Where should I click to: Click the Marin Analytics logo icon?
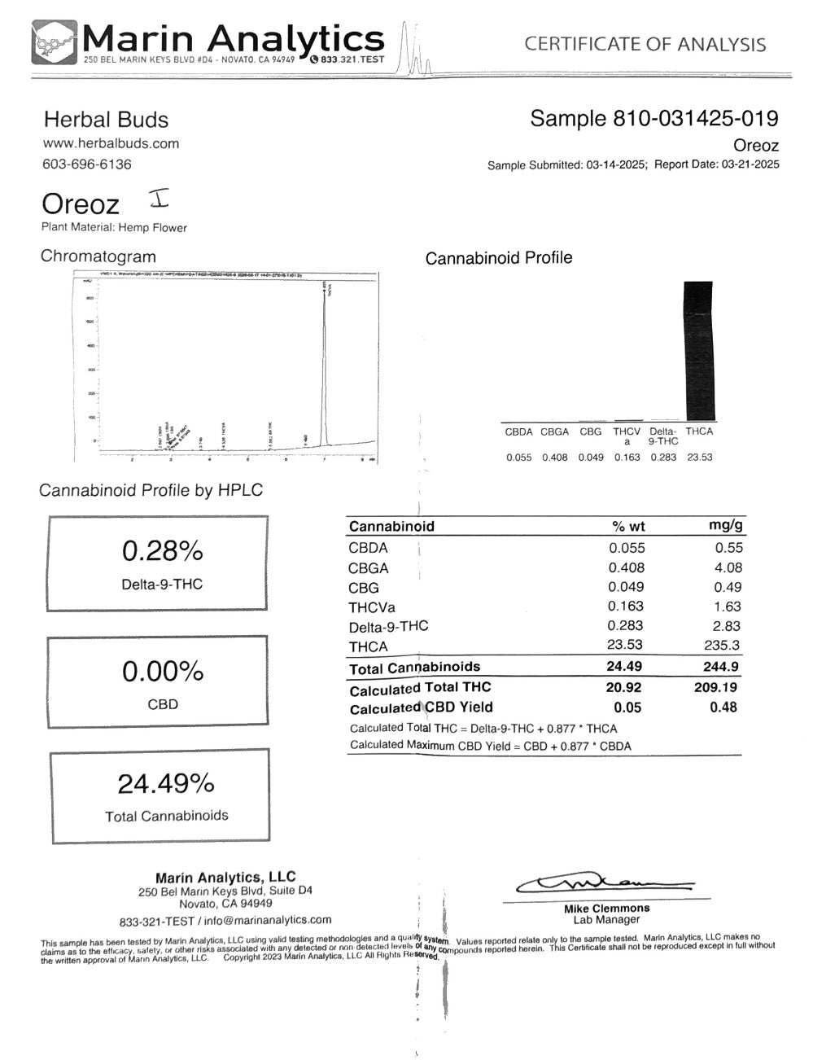55,42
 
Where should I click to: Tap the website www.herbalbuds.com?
111,143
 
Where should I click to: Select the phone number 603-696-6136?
86,164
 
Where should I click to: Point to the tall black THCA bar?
698,350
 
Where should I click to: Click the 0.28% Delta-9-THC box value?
162,552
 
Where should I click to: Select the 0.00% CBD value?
162,672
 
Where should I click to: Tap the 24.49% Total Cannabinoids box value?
166,784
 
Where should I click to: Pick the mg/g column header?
725,526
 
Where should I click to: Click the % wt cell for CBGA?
626,567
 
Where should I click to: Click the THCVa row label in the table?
370,607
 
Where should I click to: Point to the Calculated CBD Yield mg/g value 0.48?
723,707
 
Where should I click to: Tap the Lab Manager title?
606,919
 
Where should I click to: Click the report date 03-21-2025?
749,164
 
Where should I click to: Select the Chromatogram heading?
98,256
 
